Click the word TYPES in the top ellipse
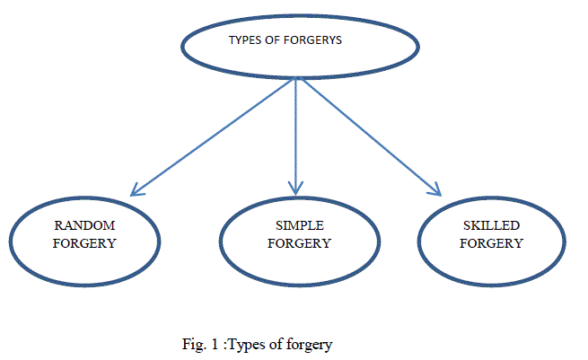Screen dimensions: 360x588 click(244, 40)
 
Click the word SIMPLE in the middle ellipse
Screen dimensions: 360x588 click(300, 226)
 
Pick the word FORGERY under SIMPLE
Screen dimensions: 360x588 click(300, 242)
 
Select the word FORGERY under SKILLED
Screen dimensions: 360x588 click(485, 243)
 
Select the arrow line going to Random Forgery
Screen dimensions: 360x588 click(215, 135)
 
